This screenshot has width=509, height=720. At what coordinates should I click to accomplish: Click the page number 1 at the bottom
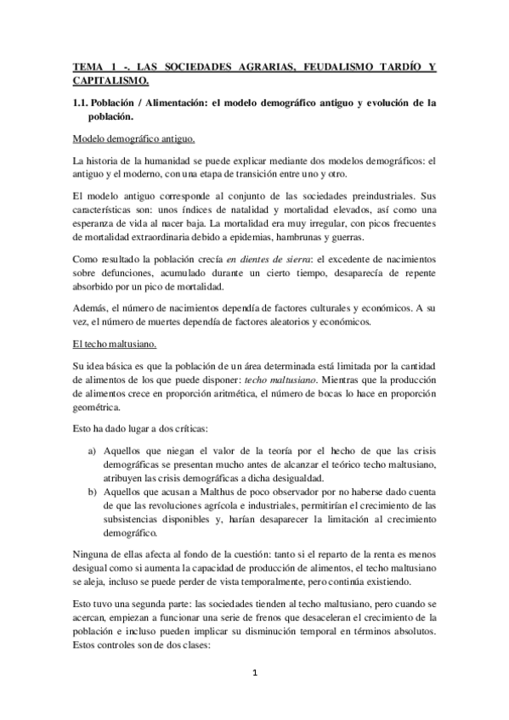tap(255, 675)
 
